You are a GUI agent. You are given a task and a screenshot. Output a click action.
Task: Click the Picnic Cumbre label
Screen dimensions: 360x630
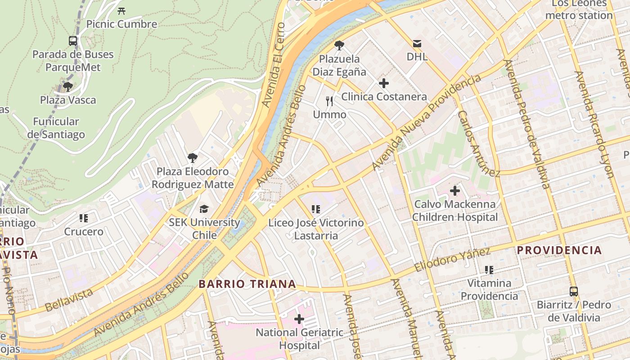coord(121,24)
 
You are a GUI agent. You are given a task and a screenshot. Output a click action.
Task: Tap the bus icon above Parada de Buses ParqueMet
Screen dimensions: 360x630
coord(73,41)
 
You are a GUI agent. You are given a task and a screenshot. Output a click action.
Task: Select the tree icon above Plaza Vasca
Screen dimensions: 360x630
coord(68,86)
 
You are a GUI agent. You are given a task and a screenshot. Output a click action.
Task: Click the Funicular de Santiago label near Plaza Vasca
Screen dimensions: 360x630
coord(56,128)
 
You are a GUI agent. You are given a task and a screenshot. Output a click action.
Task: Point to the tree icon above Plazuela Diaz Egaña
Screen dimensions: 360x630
coord(339,45)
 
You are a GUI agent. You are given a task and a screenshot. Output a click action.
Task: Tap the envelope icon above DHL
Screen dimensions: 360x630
coord(417,44)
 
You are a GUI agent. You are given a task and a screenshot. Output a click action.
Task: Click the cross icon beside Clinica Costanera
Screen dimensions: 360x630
coord(384,83)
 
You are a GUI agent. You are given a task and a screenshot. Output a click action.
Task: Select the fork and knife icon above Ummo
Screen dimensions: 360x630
coord(330,101)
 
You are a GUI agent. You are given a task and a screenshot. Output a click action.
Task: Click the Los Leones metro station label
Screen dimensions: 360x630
coord(579,9)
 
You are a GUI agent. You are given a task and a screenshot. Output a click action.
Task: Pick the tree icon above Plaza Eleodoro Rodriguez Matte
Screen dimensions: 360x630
coord(193,158)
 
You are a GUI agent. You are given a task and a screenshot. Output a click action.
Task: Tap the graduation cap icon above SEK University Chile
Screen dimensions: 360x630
coord(204,209)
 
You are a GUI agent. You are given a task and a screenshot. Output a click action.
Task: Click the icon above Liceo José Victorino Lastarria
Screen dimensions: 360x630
coord(316,209)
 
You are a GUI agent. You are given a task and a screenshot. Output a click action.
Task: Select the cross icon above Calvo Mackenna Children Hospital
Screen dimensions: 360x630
coord(455,191)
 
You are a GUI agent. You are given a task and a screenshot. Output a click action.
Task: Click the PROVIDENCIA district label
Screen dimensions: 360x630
coord(559,250)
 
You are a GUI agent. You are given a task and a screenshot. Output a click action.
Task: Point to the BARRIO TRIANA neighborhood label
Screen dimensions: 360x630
coord(247,284)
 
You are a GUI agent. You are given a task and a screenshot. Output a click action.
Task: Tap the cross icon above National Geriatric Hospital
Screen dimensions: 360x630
coord(299,319)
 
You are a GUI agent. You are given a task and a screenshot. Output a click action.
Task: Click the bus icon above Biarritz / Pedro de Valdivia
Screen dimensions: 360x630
coord(574,291)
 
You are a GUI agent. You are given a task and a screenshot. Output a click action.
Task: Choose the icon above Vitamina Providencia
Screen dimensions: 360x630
coord(489,270)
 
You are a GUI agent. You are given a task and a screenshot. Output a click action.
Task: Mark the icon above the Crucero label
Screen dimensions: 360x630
coord(84,218)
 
